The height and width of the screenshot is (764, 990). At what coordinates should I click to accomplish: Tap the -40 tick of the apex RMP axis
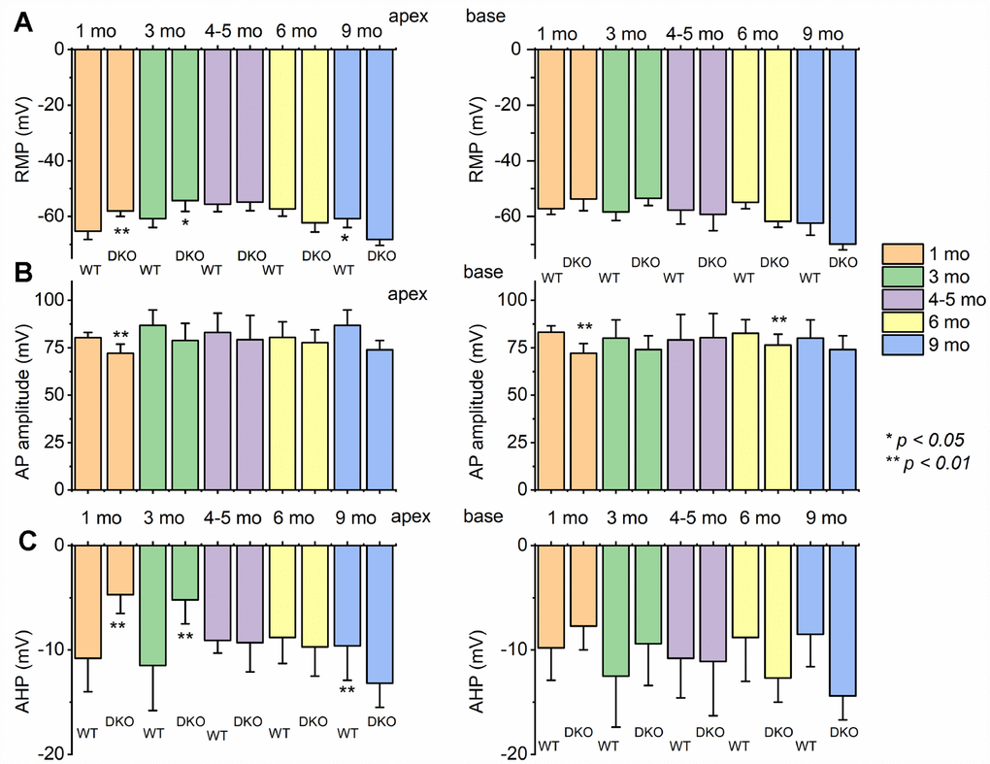click(x=51, y=160)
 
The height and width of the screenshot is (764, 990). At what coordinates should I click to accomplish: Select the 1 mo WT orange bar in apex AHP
click(x=88, y=602)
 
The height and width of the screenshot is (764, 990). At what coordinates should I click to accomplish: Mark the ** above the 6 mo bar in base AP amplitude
click(x=777, y=321)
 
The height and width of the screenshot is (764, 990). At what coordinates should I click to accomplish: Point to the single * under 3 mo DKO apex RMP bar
click(x=185, y=224)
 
